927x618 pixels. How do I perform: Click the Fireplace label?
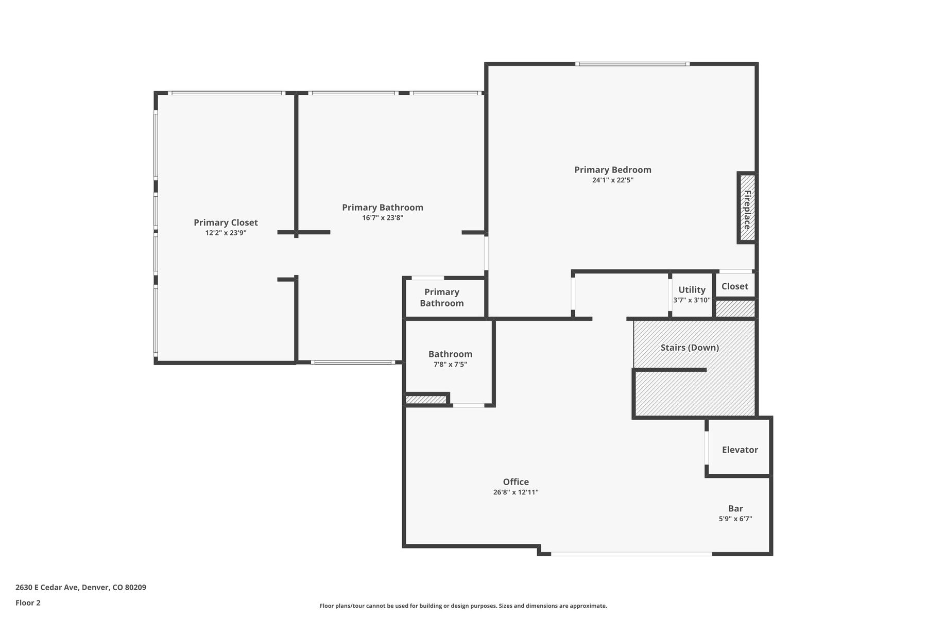[747, 210]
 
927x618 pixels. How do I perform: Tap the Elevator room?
[740, 447]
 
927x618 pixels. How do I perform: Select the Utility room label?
[692, 289]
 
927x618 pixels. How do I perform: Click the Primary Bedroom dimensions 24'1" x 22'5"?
[613, 180]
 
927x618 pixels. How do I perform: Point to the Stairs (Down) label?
[690, 348]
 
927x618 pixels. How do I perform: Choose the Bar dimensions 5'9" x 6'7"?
[735, 519]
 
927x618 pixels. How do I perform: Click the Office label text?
[516, 482]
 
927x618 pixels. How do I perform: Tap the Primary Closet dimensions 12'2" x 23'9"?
[226, 233]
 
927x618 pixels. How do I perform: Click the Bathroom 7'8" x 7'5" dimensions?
[451, 365]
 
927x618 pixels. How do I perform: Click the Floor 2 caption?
[28, 603]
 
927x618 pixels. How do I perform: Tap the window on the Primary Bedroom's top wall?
[632, 64]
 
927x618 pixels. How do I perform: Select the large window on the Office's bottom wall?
[631, 554]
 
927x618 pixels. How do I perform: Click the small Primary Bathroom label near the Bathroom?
[442, 298]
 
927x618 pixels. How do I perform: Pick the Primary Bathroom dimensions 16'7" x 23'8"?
[383, 218]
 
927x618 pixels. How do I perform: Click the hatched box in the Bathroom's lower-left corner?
[426, 399]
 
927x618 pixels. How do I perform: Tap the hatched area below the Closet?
[735, 308]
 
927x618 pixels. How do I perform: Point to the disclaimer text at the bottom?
[463, 606]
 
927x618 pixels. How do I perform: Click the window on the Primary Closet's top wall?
[227, 93]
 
